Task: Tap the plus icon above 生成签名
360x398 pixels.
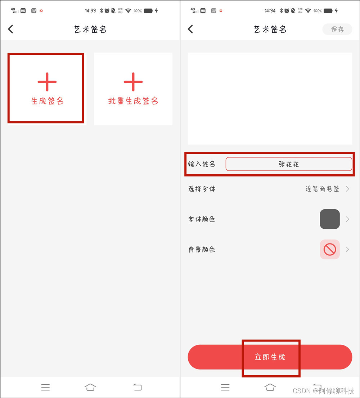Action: point(47,82)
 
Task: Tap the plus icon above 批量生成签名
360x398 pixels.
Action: point(133,82)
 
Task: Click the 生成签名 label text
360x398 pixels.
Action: point(48,101)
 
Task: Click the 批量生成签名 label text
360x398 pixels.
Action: point(133,101)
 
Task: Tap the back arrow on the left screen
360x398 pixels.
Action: point(11,29)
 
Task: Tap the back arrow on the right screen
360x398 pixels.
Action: point(190,29)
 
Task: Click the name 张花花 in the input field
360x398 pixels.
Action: point(289,164)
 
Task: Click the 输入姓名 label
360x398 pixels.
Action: point(202,164)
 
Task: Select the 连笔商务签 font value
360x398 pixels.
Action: point(323,189)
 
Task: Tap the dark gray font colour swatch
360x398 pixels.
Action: point(329,219)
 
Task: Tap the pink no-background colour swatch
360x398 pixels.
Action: point(329,249)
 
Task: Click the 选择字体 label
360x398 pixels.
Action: point(202,189)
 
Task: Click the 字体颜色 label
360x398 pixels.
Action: point(202,219)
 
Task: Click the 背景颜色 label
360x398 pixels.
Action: point(202,250)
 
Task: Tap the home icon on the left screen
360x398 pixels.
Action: point(90,387)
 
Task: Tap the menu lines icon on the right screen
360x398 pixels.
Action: point(225,387)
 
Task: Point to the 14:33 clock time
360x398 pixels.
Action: point(90,11)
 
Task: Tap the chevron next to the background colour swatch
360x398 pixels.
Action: point(347,250)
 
